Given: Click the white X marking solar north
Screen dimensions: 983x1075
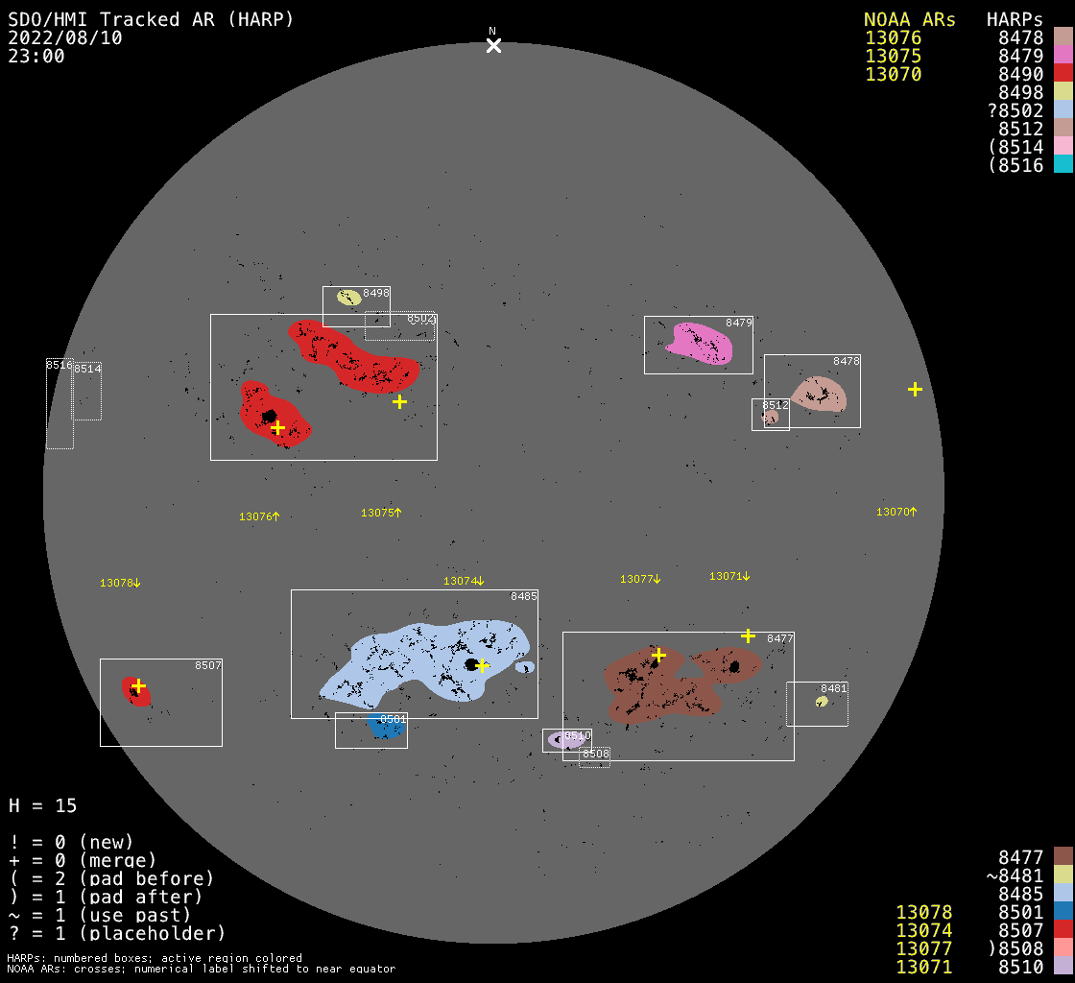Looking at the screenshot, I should [493, 45].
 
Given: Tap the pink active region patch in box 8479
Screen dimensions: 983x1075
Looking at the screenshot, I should [702, 344].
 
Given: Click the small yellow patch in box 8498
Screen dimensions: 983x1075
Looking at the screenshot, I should [348, 298].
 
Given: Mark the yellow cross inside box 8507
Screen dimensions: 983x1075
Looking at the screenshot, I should [138, 685].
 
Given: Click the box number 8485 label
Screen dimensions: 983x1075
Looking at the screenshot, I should [524, 596].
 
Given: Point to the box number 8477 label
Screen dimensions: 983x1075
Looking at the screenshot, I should [780, 638].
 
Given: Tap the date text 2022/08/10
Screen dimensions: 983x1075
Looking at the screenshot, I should [65, 37].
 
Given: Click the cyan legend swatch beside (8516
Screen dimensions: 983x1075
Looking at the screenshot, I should [1063, 164].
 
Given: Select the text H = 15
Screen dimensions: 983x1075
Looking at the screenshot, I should [43, 805].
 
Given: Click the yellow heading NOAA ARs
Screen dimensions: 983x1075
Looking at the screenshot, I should [909, 19].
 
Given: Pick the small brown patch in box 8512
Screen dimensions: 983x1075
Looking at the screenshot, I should [770, 417].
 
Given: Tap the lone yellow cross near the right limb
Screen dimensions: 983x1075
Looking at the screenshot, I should [915, 389].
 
